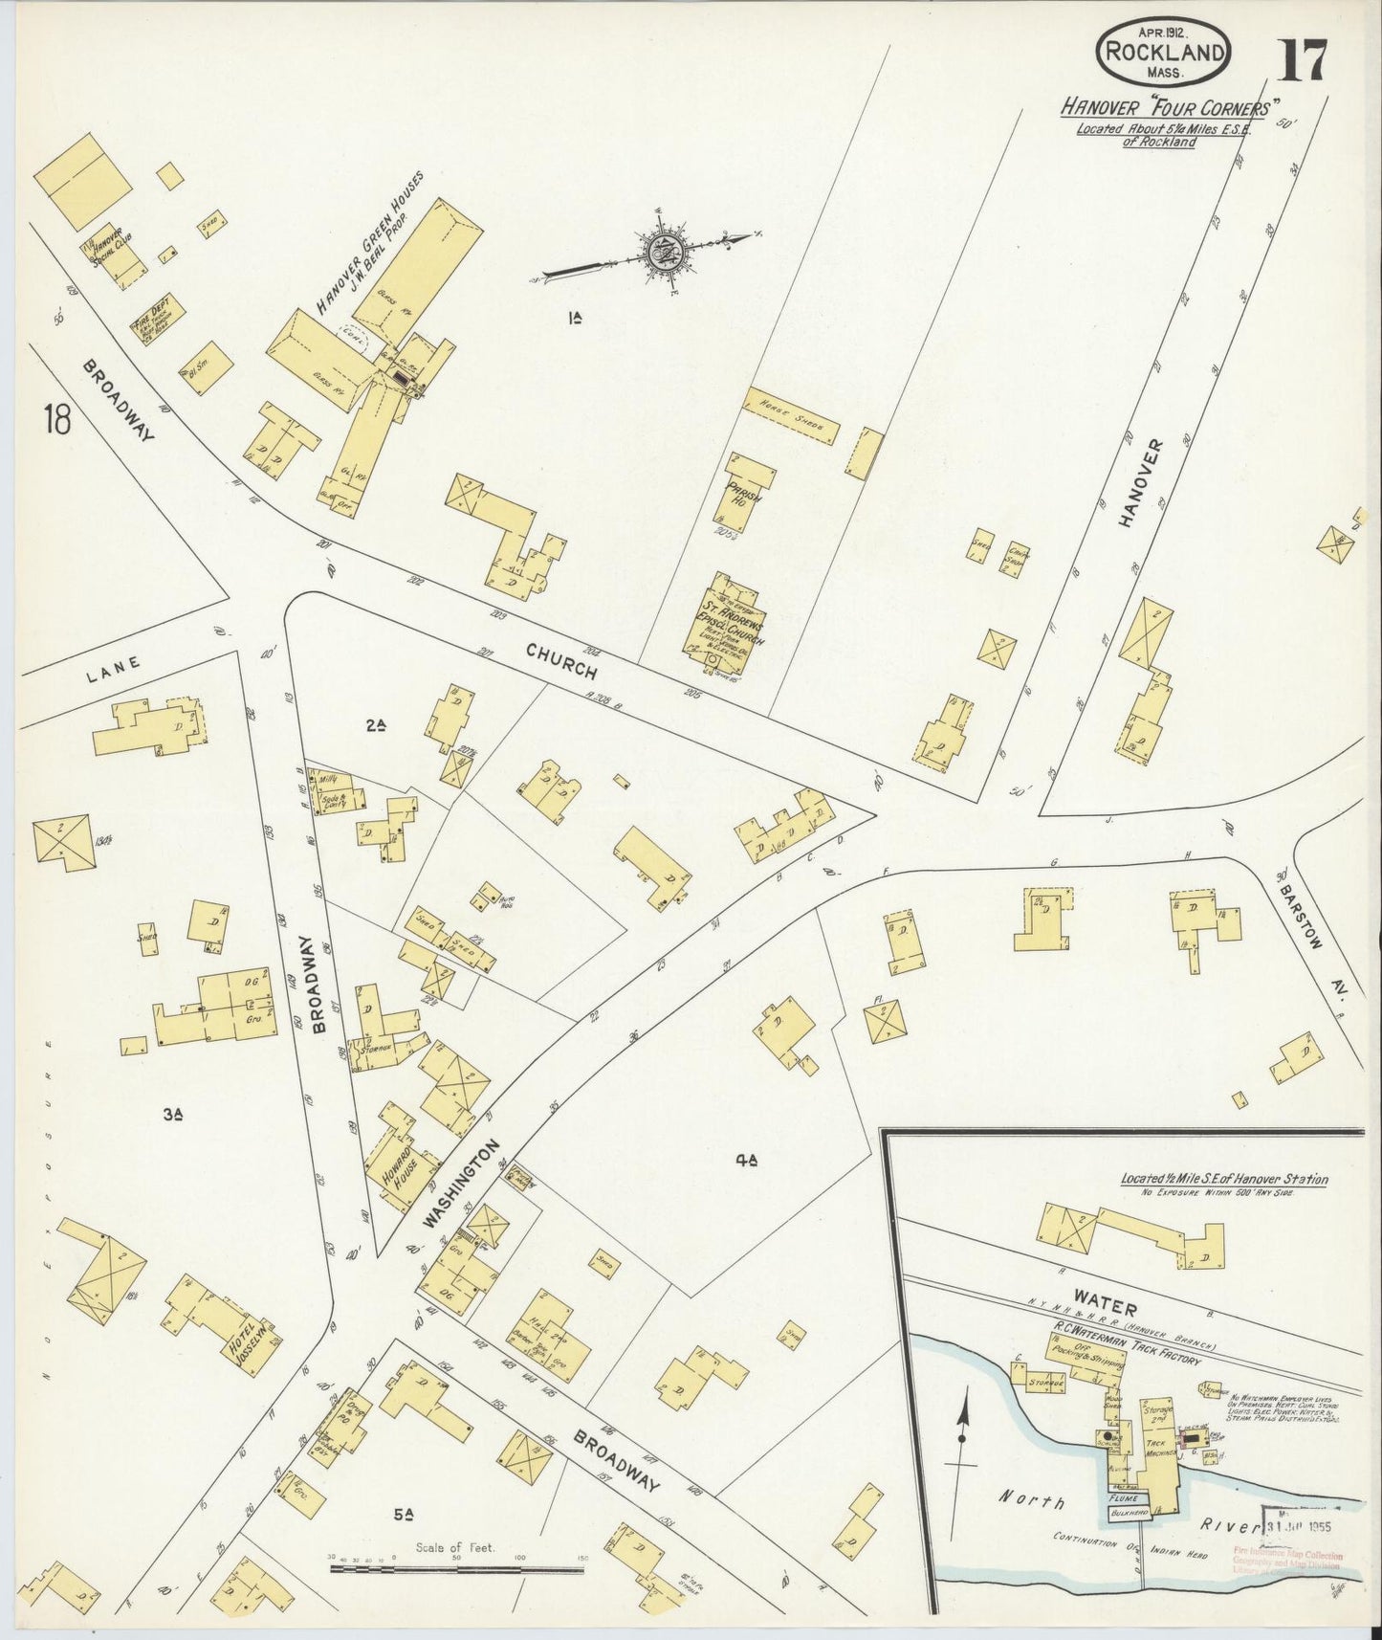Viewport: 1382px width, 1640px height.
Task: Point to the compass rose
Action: point(662,252)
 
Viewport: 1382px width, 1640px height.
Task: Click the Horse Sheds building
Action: point(792,416)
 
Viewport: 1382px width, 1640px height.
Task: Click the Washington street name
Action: point(463,1184)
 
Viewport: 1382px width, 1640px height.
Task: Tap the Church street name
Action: point(562,660)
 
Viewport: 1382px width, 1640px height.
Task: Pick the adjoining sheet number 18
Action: point(55,419)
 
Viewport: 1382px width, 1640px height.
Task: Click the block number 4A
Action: point(746,1161)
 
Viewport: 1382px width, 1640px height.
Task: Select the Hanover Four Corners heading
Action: point(1164,107)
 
